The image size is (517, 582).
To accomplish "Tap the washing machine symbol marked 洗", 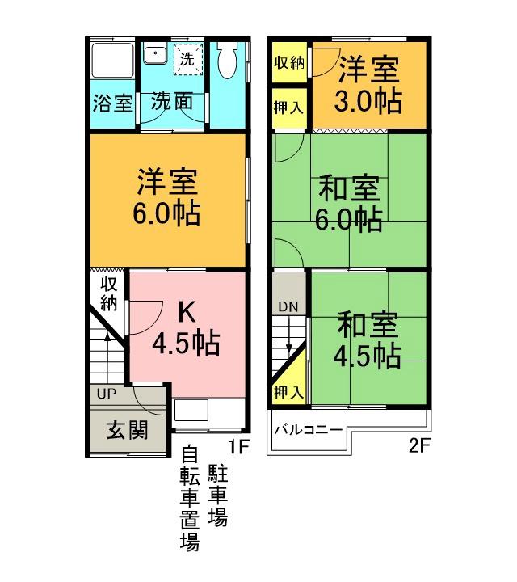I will tap(187, 59).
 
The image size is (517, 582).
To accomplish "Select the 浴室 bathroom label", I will tap(111, 103).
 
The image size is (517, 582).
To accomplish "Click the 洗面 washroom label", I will tap(172, 103).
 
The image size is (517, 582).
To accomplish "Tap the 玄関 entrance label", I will tap(128, 429).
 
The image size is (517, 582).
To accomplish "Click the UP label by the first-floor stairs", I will tap(106, 394).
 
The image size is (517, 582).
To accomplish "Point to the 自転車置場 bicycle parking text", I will tap(189, 499).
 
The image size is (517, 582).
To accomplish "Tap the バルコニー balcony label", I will tap(308, 429).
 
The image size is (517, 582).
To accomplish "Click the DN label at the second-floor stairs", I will tap(288, 306).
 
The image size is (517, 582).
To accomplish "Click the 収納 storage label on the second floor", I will tap(288, 64).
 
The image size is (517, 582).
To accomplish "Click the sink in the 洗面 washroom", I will tap(154, 55).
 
